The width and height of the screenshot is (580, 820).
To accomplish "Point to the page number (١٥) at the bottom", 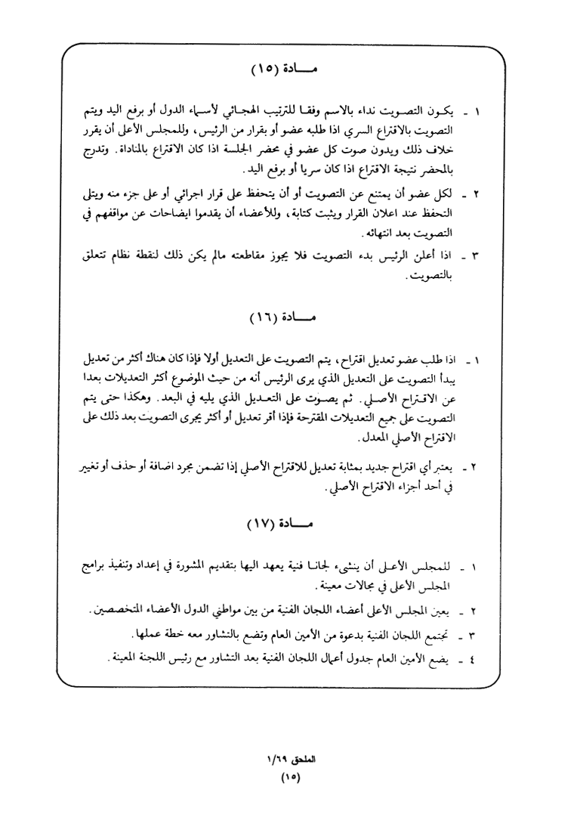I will [290, 778].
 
